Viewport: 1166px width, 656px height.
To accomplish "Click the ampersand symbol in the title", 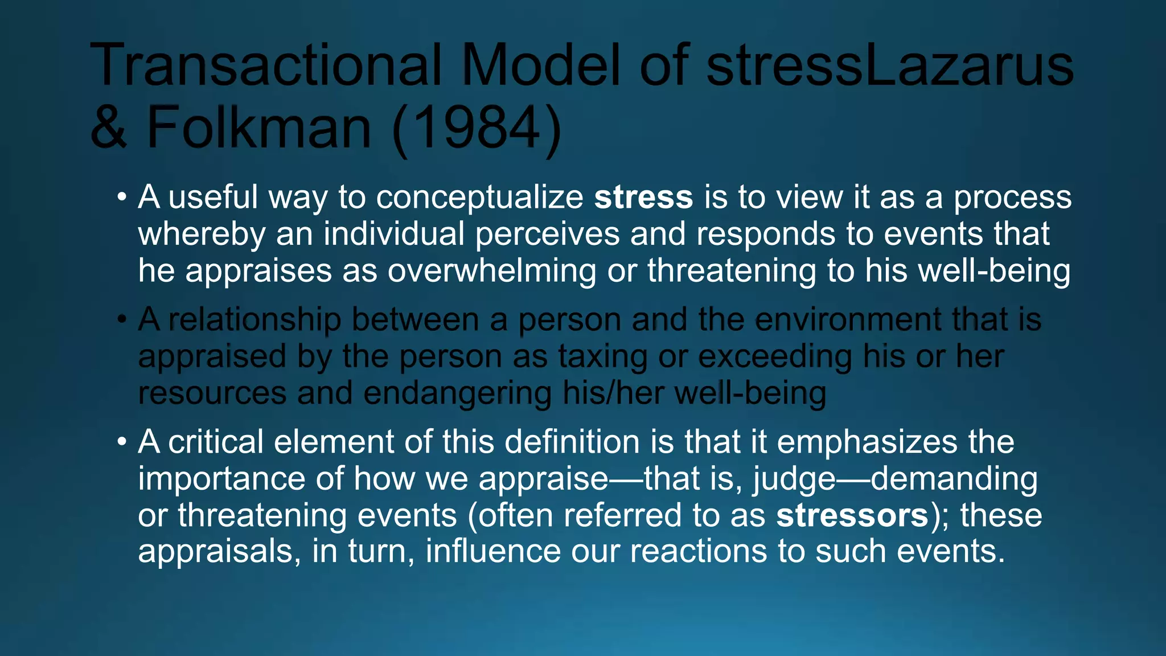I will pyautogui.click(x=109, y=128).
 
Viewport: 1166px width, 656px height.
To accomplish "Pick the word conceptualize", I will pyautogui.click(x=479, y=198).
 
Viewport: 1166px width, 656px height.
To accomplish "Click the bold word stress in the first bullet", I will pyautogui.click(x=643, y=197).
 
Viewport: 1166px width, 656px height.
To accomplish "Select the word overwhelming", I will pyautogui.click(x=492, y=270).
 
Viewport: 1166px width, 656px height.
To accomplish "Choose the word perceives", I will pyautogui.click(x=547, y=234).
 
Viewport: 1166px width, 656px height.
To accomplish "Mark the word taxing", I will pyautogui.click(x=603, y=357).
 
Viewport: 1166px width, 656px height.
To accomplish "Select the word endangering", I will pyautogui.click(x=457, y=393).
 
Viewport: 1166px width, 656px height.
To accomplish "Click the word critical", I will pyautogui.click(x=216, y=442).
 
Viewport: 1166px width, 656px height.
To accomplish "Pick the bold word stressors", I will pyautogui.click(x=852, y=515).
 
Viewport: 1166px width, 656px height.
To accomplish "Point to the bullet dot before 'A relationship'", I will pyautogui.click(x=121, y=320).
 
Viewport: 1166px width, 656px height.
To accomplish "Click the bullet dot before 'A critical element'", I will pyautogui.click(x=121, y=442).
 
